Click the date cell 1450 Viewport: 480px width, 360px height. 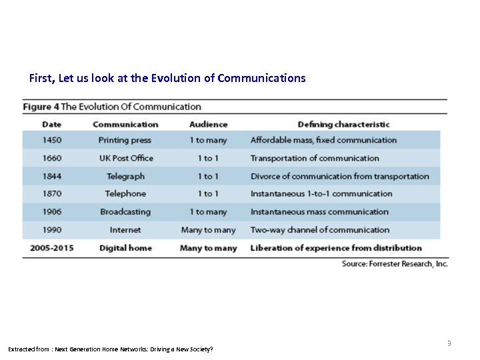(x=51, y=140)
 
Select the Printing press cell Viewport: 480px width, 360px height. (x=125, y=140)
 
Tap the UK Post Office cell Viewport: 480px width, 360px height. (x=126, y=158)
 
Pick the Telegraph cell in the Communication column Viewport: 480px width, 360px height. (x=125, y=176)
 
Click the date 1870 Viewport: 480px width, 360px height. (x=51, y=194)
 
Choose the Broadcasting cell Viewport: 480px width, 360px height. (x=125, y=212)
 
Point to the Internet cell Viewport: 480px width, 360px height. (x=125, y=230)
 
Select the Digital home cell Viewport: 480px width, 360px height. (x=125, y=248)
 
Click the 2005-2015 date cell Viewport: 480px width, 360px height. (x=51, y=248)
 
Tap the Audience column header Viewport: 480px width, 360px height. (x=208, y=124)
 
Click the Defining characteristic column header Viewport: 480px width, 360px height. (x=343, y=124)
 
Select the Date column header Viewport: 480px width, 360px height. (x=51, y=124)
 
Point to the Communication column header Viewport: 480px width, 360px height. (x=125, y=124)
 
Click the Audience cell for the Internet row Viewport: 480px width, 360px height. (x=208, y=230)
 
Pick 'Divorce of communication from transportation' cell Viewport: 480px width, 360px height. (x=339, y=176)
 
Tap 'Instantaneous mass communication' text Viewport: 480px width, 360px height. (x=319, y=212)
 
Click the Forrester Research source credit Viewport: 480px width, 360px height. (x=395, y=264)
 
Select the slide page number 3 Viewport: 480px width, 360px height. (x=449, y=343)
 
